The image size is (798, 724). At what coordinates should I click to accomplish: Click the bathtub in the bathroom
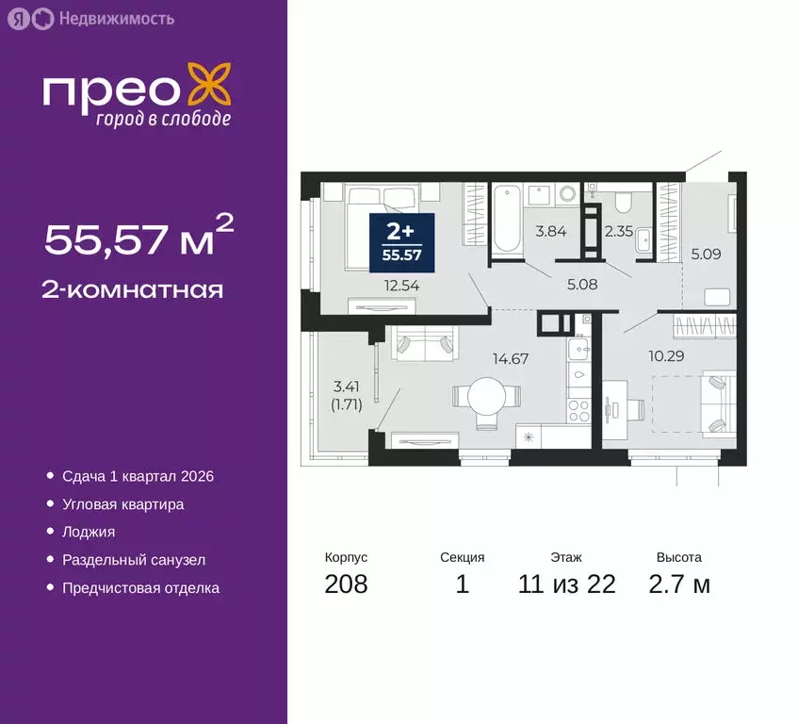click(506, 219)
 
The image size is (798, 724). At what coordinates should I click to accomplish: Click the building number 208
click(346, 584)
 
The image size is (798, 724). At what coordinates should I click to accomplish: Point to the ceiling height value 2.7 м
click(678, 584)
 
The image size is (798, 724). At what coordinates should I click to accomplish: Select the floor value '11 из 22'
click(566, 584)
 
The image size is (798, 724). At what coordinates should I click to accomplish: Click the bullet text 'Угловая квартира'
click(122, 504)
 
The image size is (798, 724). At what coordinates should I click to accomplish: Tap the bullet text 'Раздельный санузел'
click(134, 560)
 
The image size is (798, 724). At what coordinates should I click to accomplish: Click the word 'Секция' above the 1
click(462, 557)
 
